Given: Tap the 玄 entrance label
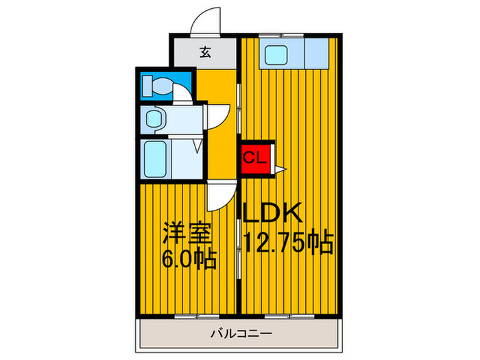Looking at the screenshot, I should (204, 52).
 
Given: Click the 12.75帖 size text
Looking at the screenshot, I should (288, 242).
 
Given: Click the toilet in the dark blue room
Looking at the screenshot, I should (157, 86).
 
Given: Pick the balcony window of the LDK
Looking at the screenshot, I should (279, 316).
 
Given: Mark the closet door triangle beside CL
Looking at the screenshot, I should (280, 167).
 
